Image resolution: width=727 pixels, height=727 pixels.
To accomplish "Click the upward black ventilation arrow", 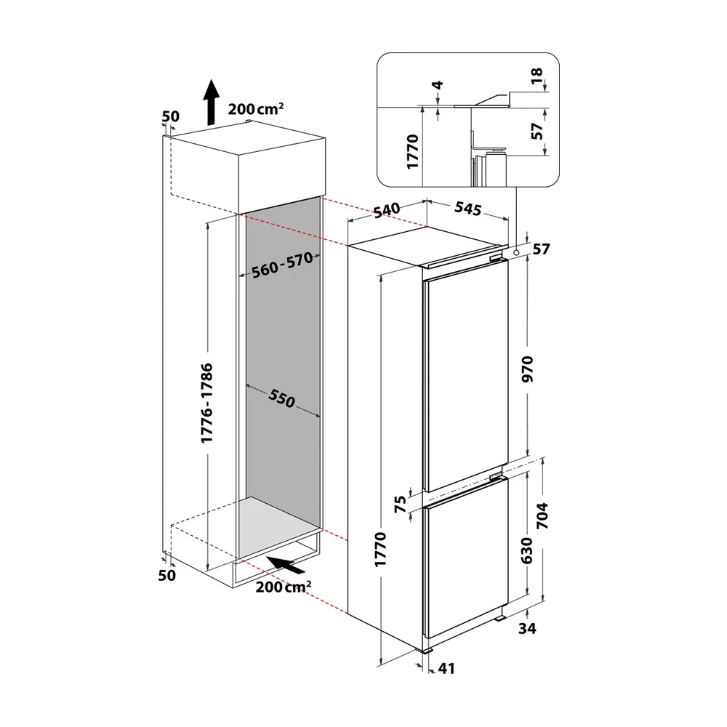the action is (x=212, y=103).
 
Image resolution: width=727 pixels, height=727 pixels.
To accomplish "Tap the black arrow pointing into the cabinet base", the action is (x=286, y=566).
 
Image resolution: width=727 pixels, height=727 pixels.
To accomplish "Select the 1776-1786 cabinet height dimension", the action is (x=206, y=403).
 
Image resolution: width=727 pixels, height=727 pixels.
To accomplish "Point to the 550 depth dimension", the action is (x=282, y=398).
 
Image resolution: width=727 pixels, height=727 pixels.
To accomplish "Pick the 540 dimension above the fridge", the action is (x=387, y=209).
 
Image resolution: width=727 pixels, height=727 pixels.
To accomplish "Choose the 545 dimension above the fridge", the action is (x=467, y=209).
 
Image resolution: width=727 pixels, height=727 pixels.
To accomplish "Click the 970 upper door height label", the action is (x=528, y=369).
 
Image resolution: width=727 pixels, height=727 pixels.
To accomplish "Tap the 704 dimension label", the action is (x=542, y=515).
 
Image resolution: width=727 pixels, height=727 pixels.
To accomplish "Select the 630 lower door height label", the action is (x=527, y=550).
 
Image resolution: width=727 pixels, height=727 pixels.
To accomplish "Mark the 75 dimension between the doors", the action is (x=400, y=504).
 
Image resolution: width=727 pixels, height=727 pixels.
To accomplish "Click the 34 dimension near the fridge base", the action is (x=527, y=628).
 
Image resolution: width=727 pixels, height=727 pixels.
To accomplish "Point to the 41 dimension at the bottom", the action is (x=446, y=668).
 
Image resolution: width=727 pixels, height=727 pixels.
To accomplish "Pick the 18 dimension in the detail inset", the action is (x=537, y=76).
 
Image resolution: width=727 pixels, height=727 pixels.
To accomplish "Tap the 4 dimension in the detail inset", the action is (x=438, y=85).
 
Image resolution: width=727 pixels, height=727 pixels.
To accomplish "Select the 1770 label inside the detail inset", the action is (x=412, y=151).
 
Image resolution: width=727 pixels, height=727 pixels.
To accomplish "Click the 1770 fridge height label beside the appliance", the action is (x=380, y=549).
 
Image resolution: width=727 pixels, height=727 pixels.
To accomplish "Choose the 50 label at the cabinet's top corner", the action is (x=170, y=116).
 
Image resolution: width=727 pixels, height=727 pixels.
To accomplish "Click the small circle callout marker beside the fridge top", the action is (x=516, y=252).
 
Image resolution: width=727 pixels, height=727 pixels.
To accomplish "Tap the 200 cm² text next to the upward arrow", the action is (x=255, y=109).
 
